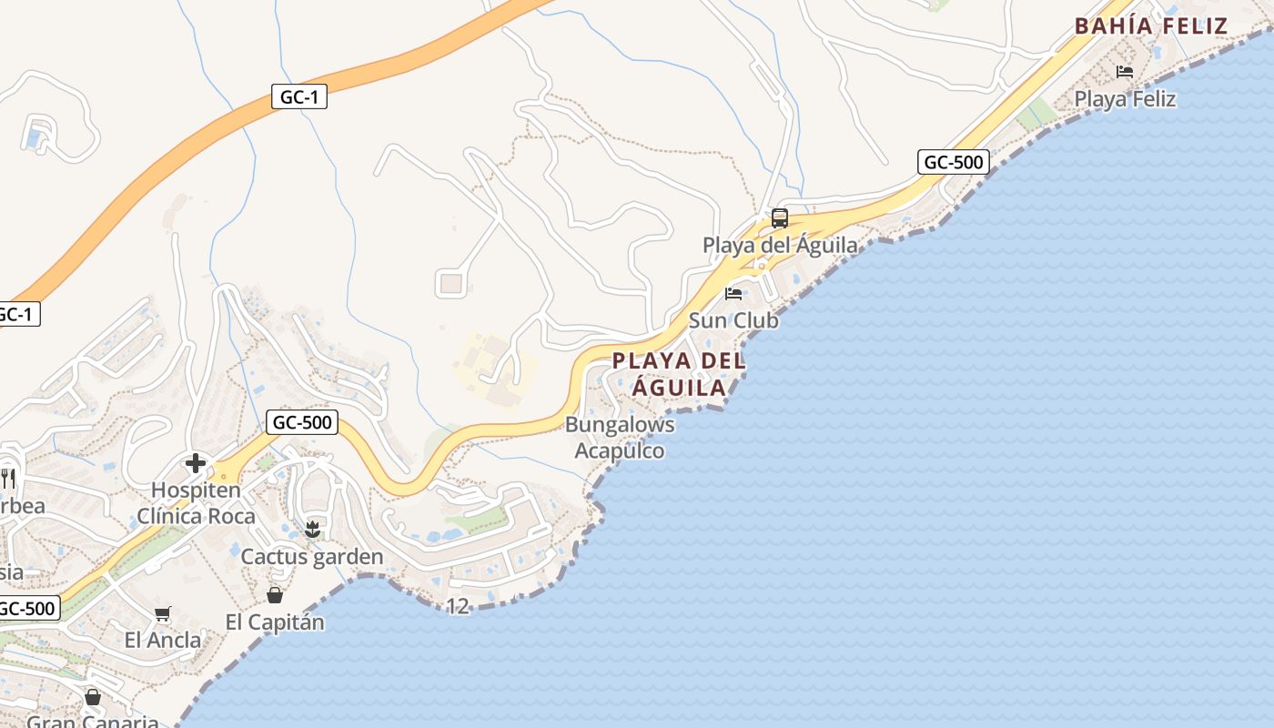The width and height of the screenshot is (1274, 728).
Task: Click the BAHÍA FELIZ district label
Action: (1151, 25)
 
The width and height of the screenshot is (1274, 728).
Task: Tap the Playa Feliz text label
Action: (1125, 99)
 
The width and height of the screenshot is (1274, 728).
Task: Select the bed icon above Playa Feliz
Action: (1125, 72)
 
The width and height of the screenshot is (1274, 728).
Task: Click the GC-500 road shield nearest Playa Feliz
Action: (953, 163)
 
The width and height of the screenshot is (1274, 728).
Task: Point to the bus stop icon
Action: (780, 218)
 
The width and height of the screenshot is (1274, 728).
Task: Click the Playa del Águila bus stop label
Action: (780, 245)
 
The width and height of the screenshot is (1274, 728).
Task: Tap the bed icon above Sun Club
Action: (733, 294)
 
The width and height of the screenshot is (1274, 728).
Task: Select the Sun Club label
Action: (733, 320)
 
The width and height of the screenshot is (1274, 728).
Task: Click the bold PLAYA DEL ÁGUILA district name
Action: (679, 374)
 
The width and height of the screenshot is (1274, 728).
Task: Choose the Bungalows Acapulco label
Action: (620, 438)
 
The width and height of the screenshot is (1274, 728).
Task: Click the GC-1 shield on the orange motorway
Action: (298, 96)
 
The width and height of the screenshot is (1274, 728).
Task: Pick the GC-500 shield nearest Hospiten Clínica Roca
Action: (302, 422)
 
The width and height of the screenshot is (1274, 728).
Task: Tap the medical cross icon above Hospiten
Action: (196, 463)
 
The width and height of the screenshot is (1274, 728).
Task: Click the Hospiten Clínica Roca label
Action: (196, 503)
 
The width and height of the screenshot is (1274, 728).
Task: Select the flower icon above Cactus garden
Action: (312, 530)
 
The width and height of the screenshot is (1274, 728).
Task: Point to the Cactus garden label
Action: (312, 556)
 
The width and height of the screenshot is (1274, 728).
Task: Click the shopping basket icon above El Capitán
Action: (274, 595)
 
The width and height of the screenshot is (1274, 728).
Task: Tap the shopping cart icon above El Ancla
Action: (163, 614)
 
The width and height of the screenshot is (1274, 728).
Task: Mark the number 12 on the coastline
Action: (458, 606)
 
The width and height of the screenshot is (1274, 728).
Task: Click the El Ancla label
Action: (163, 640)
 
